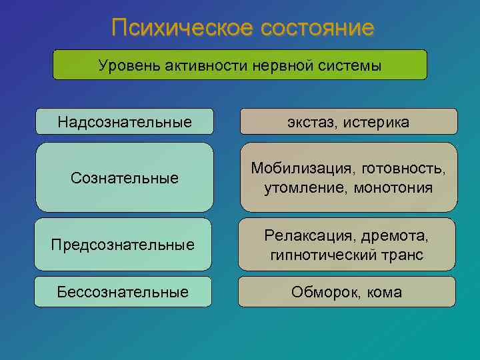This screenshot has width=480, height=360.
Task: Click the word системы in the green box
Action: pos(347,65)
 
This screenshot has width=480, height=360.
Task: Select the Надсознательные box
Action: pos(125,122)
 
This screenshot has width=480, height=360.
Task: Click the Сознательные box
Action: pos(125,178)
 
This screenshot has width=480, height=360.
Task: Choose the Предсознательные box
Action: pos(123,245)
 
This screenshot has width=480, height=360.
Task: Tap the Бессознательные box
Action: pos(123,292)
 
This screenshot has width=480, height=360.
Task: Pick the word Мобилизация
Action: pos(298,169)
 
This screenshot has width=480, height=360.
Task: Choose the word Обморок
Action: pos(321,292)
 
